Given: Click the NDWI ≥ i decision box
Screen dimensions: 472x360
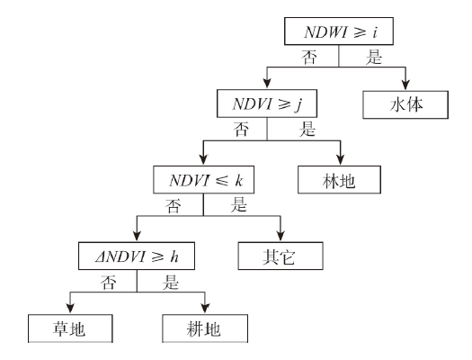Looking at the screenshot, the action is [x=339, y=31].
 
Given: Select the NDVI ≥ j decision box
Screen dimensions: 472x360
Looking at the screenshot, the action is [x=267, y=103].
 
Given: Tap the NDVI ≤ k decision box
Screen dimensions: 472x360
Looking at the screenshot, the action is [x=203, y=179].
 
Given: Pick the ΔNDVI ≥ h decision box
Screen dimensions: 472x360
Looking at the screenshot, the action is [x=137, y=256].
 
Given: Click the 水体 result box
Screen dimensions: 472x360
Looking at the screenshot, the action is [x=405, y=104].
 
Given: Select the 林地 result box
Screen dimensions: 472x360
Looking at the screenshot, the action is [x=339, y=179].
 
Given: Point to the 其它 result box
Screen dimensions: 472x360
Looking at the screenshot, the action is [x=281, y=256].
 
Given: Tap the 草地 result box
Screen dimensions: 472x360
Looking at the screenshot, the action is [x=70, y=328].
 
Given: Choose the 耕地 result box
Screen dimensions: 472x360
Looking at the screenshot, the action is [x=205, y=328].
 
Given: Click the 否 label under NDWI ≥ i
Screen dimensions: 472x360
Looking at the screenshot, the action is [x=309, y=58].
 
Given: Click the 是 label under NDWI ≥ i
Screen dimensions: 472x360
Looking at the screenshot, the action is [x=374, y=57].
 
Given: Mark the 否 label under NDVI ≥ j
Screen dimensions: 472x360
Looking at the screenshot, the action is [x=241, y=130].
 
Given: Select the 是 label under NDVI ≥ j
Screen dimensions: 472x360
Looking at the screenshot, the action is [x=307, y=130].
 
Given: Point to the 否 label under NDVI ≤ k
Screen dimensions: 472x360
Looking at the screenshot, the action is [x=174, y=206].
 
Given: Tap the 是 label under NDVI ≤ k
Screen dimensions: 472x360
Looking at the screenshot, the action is [x=239, y=205].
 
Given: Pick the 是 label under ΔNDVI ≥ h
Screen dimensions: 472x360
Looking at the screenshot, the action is [x=171, y=283].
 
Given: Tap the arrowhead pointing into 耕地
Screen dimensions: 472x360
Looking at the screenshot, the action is [x=205, y=309].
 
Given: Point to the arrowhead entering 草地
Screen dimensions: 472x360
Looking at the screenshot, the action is [x=70, y=309].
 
